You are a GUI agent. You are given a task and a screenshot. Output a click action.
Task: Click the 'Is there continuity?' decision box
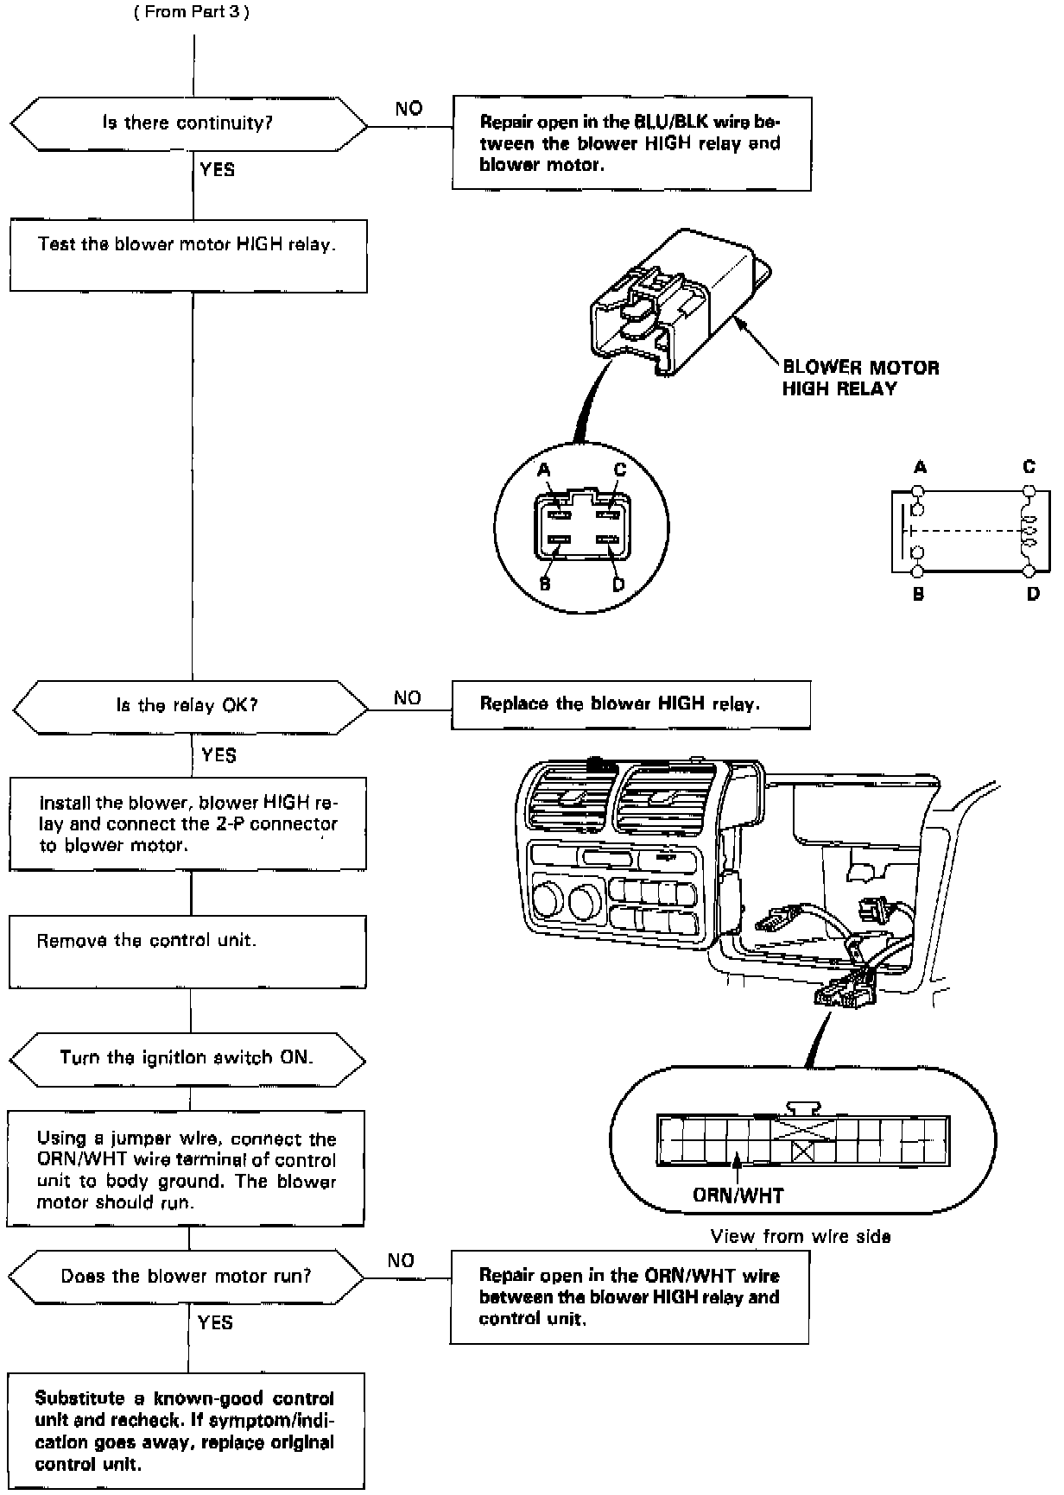click(x=188, y=123)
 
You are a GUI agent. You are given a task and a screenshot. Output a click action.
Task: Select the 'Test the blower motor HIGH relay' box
click(x=188, y=255)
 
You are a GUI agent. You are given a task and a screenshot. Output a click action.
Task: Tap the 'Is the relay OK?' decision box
click(x=188, y=706)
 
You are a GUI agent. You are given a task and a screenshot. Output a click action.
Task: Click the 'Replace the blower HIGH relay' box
click(x=630, y=704)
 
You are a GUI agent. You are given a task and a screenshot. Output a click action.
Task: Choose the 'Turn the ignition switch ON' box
click(x=187, y=1058)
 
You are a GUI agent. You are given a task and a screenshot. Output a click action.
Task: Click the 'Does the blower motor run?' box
click(x=187, y=1277)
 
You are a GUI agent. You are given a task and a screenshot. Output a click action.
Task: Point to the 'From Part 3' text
click(x=192, y=13)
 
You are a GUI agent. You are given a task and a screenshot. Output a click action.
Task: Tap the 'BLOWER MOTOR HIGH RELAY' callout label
click(x=859, y=378)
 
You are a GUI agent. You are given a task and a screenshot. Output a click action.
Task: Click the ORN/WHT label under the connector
click(x=738, y=1195)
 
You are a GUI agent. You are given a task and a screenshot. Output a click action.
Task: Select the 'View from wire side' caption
click(x=800, y=1236)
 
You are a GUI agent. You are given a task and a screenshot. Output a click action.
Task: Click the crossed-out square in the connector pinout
click(x=803, y=1151)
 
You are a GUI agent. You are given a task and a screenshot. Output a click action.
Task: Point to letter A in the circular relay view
click(x=543, y=470)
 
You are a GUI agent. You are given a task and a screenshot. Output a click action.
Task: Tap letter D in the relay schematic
click(x=1033, y=594)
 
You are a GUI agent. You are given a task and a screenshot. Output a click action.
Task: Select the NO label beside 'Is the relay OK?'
click(x=408, y=697)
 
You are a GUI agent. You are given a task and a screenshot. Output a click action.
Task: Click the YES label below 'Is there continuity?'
click(x=217, y=169)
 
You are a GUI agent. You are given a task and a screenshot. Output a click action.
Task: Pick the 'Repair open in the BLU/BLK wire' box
click(x=631, y=143)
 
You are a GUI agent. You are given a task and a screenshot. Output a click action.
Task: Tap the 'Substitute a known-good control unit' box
click(x=186, y=1430)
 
